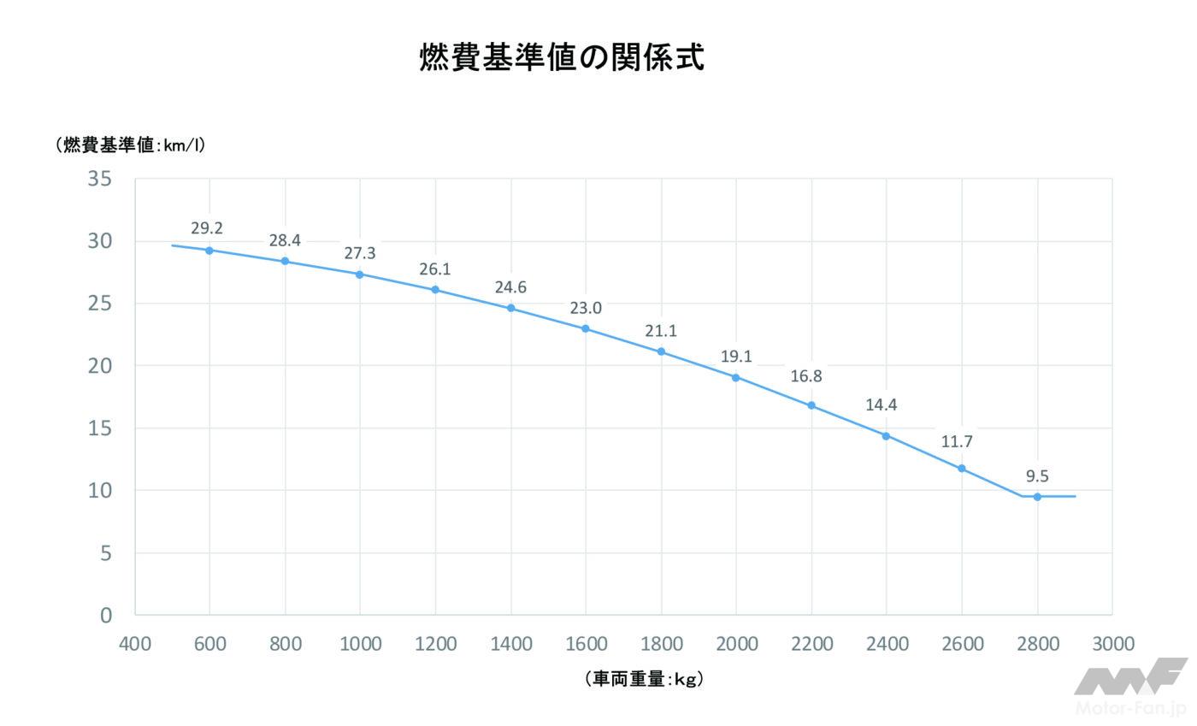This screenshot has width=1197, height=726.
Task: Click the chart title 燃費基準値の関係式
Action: click(x=562, y=58)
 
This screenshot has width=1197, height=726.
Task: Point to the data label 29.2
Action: click(x=207, y=228)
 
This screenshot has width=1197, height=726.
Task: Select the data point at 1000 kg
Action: click(x=360, y=274)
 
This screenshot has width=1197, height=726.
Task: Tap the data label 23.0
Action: click(x=586, y=308)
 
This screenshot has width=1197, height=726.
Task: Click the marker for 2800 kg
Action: click(x=1037, y=497)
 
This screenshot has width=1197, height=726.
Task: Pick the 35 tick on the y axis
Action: click(x=100, y=180)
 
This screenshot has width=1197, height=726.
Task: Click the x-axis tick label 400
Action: click(x=135, y=644)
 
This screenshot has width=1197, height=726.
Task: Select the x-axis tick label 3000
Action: click(x=1112, y=644)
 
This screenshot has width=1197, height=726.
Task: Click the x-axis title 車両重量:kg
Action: click(x=645, y=679)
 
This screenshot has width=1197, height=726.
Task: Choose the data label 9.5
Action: click(x=1037, y=476)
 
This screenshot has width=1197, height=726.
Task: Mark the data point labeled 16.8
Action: click(x=811, y=405)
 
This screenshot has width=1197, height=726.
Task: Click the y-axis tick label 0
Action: click(x=106, y=615)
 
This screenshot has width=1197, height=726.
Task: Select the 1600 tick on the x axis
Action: click(x=586, y=644)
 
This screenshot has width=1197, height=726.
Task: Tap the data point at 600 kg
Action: click(x=209, y=251)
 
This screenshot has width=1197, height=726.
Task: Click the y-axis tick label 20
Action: click(x=100, y=366)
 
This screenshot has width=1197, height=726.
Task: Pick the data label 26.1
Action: click(x=434, y=269)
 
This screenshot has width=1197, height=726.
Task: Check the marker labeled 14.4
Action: click(x=886, y=436)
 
